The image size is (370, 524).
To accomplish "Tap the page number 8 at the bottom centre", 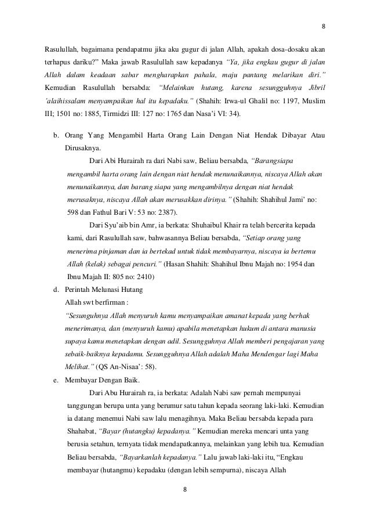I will (x=184, y=489).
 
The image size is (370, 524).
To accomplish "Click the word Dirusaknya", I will (x=83, y=149).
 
